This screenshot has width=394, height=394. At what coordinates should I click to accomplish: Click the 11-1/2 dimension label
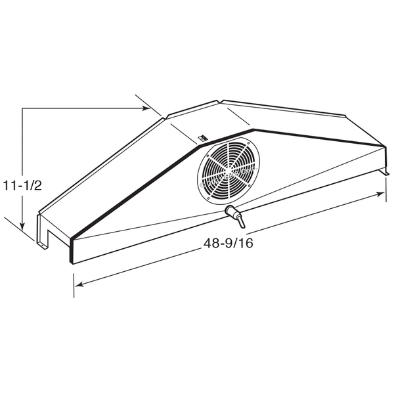pos(22,186)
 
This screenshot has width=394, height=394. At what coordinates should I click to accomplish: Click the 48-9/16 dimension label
pos(228,243)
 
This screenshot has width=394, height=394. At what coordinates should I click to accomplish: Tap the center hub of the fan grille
pos(229,171)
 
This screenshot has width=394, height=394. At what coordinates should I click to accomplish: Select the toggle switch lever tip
pos(242,226)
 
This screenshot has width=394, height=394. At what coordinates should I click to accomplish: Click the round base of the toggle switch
pos(230,211)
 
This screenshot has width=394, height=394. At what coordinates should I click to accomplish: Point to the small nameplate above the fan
pos(202,138)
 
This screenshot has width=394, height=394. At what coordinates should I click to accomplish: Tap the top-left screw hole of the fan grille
pos(208,156)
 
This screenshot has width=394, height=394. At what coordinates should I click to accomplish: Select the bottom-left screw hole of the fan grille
pos(208,198)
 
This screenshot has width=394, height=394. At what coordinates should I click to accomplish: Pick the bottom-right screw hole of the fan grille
pos(250,185)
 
